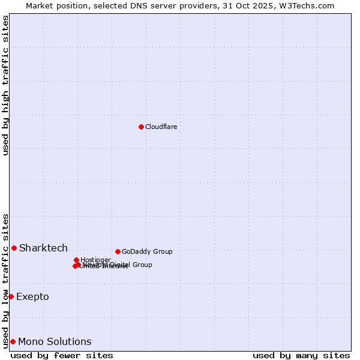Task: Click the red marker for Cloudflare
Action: point(141,127)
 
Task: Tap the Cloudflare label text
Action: point(161,127)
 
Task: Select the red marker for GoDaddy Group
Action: point(118,251)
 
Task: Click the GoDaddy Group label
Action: point(147,251)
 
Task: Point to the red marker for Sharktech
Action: point(14,248)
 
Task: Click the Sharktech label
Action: point(43,248)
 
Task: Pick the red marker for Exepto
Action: point(11,296)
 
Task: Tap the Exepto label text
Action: point(32,296)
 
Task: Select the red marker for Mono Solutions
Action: point(13,341)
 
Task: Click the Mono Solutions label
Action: point(55,341)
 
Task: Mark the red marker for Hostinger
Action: point(77,260)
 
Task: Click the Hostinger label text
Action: point(95,260)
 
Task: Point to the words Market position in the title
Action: point(56,5)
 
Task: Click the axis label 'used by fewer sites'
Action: point(62,355)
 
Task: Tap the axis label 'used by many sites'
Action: point(301,355)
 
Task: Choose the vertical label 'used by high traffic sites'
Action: point(5,85)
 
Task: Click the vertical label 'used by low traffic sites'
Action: point(5,280)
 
